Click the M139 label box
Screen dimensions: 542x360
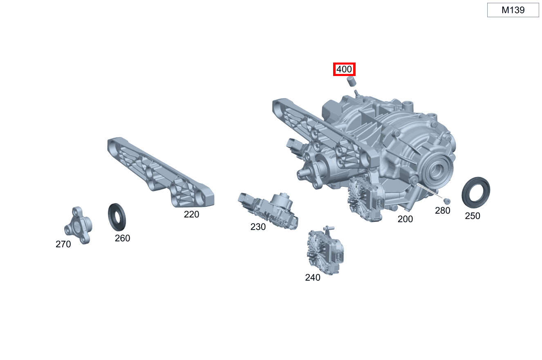click(513, 10)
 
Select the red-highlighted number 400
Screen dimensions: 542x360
click(344, 69)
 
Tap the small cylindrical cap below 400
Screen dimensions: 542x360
click(352, 81)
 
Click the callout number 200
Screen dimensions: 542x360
click(405, 219)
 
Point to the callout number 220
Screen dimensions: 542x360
click(191, 215)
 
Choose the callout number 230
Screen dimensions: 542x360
click(258, 227)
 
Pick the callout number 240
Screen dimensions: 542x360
click(313, 277)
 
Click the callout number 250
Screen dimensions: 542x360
click(473, 216)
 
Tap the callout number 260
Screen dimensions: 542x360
click(123, 238)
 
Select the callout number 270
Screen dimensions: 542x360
click(63, 244)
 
